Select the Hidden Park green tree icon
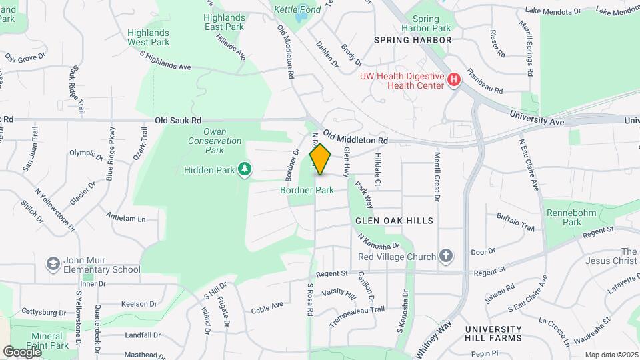pyautogui.click(x=245, y=169)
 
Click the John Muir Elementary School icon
pyautogui.click(x=52, y=264)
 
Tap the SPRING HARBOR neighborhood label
pyautogui.click(x=413, y=40)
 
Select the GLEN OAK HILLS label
pyautogui.click(x=394, y=220)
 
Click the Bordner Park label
pyautogui.click(x=307, y=190)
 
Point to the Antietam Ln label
pyautogui.click(x=125, y=218)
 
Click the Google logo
pyautogui.click(x=22, y=351)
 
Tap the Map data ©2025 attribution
pyautogui.click(x=611, y=355)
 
